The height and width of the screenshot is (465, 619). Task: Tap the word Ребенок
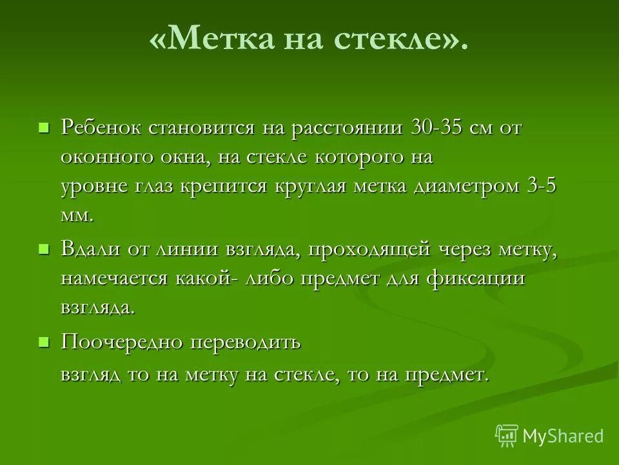coord(102,127)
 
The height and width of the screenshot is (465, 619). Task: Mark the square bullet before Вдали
coord(44,248)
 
